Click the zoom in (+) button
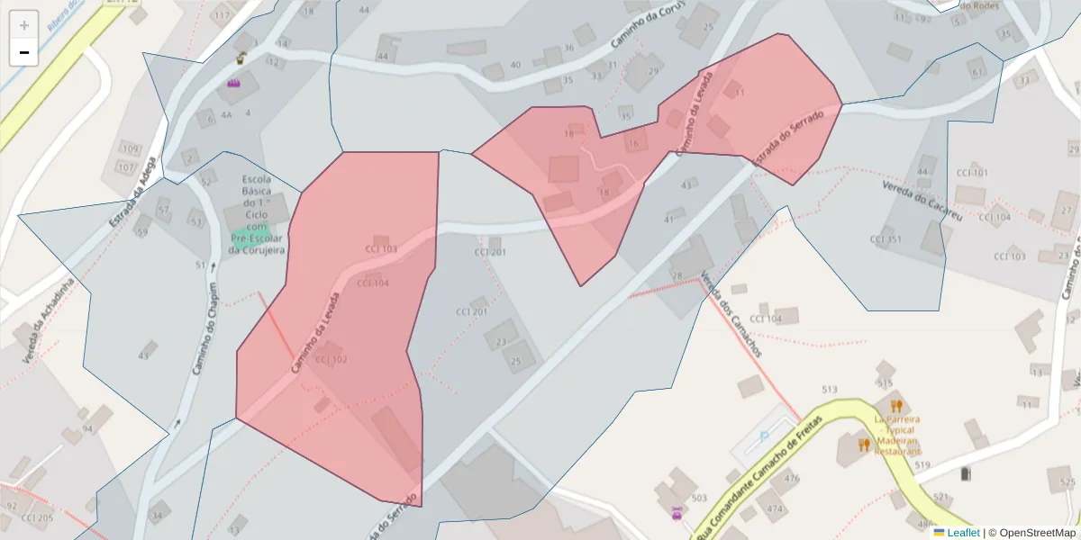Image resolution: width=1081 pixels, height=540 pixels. pyautogui.click(x=23, y=24)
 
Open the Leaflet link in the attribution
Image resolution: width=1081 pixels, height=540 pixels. pyautogui.click(x=963, y=532)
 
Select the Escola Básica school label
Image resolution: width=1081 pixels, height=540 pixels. pyautogui.click(x=257, y=214)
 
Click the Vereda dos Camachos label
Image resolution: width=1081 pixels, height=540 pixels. pyautogui.click(x=731, y=314)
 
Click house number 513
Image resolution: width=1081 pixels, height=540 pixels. pyautogui.click(x=830, y=389)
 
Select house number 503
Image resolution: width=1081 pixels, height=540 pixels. pyautogui.click(x=698, y=497)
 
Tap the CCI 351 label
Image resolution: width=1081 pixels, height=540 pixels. pyautogui.click(x=886, y=239)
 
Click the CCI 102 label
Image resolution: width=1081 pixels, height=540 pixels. pyautogui.click(x=331, y=359)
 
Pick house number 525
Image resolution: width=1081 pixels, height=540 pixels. pyautogui.click(x=1067, y=482)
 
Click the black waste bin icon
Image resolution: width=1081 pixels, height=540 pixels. pyautogui.click(x=967, y=472)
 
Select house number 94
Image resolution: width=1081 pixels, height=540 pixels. pyautogui.click(x=87, y=428)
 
